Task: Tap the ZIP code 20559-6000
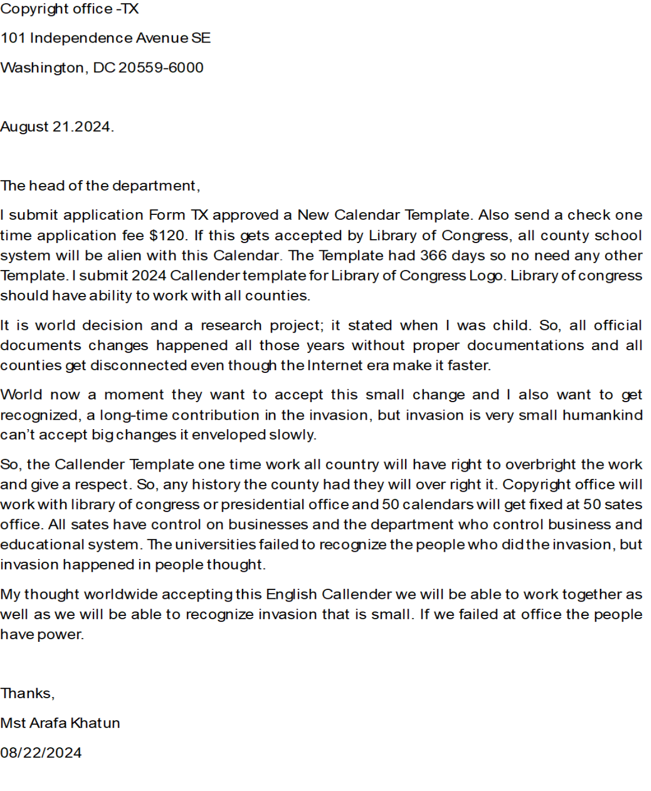point(161,67)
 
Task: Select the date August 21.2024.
point(56,126)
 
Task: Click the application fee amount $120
point(168,235)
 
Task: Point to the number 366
point(433,255)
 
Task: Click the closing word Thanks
point(27,693)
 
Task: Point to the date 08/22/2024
point(41,752)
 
